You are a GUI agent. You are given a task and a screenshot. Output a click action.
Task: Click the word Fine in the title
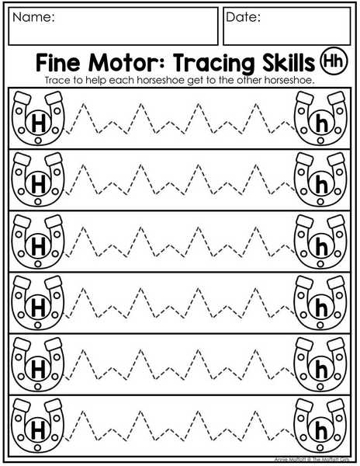click(x=58, y=62)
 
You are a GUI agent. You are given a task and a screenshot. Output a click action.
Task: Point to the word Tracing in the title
click(x=213, y=64)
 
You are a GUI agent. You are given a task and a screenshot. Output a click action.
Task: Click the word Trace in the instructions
click(x=55, y=80)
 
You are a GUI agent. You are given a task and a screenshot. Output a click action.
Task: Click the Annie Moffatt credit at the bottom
click(x=312, y=460)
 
